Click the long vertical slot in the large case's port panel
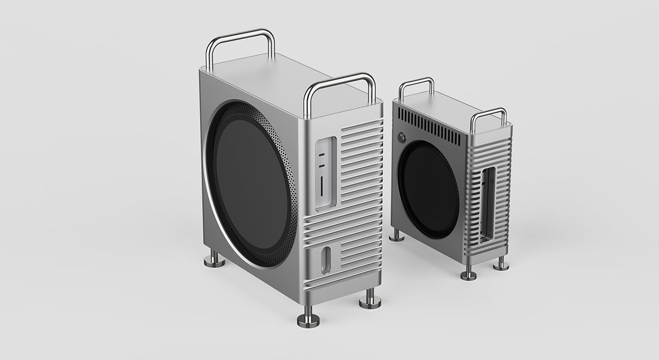click(x=321, y=186)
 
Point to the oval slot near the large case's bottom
click(x=326, y=260)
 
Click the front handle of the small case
click(x=488, y=113)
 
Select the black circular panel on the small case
click(x=428, y=189)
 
